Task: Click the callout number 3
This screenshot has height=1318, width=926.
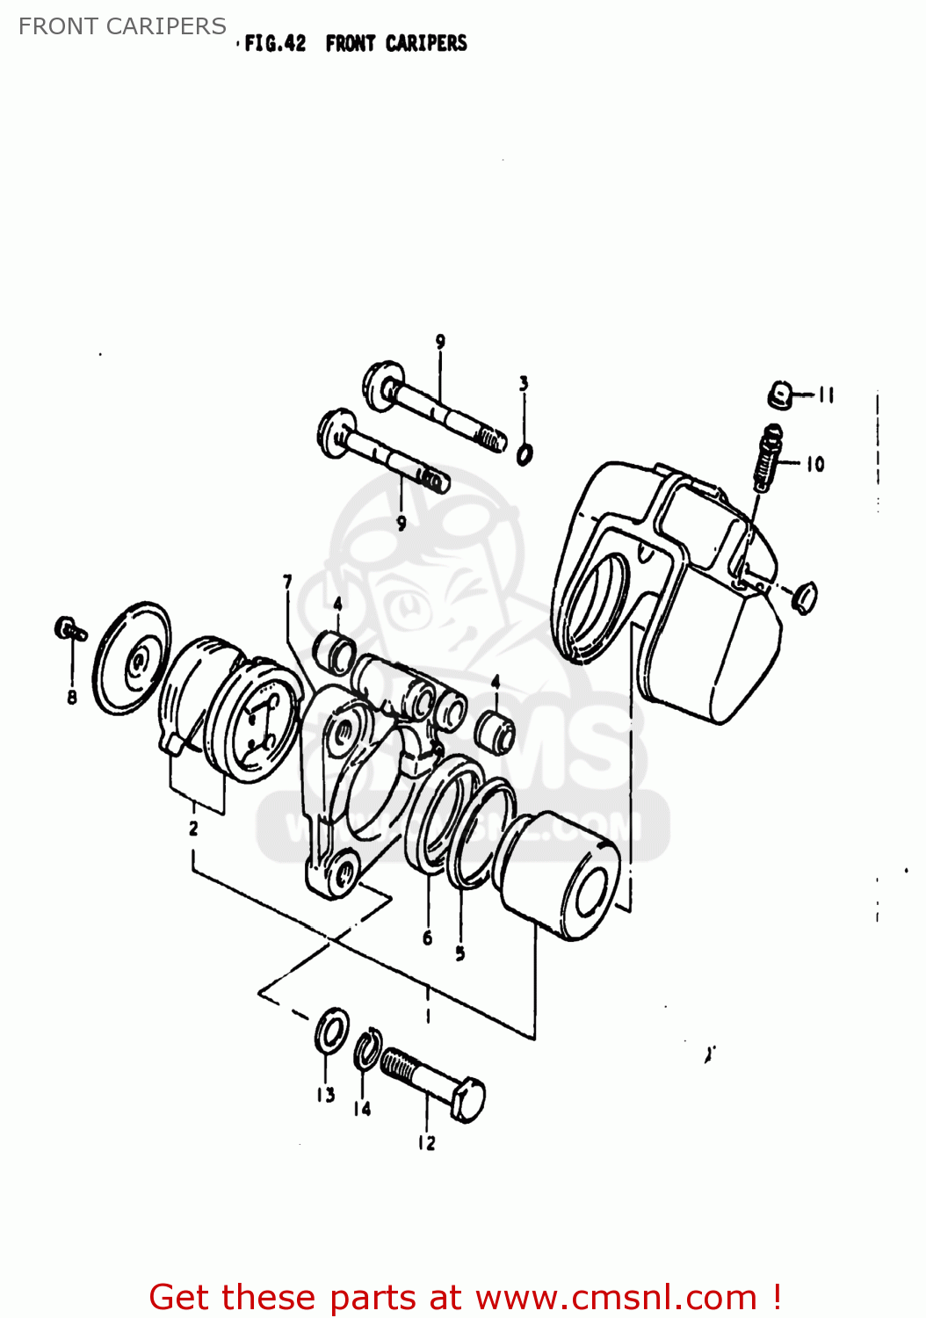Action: (524, 383)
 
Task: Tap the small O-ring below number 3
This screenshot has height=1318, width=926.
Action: (524, 454)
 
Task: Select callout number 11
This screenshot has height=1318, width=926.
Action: (826, 395)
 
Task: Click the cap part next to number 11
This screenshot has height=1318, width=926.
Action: (778, 395)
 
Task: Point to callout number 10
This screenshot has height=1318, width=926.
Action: (815, 463)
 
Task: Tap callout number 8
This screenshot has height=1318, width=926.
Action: (72, 697)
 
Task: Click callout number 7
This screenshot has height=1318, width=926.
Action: (287, 581)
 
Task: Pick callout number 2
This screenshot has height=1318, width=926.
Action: (193, 828)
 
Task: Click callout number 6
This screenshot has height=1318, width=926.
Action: (428, 938)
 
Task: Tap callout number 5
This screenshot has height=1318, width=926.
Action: (460, 952)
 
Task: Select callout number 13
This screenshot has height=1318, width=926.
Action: (326, 1095)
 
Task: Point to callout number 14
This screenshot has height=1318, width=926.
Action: (362, 1109)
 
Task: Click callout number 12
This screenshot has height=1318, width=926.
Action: (426, 1142)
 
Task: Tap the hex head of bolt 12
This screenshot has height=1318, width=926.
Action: (468, 1099)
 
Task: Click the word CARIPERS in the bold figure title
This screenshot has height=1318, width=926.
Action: (426, 43)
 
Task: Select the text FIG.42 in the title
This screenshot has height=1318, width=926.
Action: (275, 43)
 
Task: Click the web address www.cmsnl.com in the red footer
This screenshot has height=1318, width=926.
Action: (616, 1297)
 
